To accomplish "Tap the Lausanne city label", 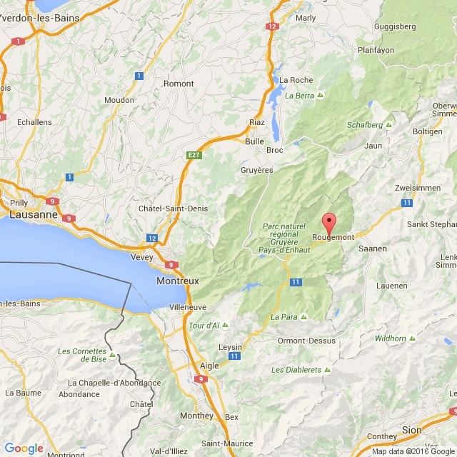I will [x=33, y=214].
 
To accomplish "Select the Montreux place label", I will [x=177, y=281].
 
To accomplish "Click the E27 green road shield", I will [x=193, y=154].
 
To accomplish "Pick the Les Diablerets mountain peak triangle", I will [x=328, y=370].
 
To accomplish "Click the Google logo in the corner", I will [x=23, y=448].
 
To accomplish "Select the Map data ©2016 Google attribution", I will [x=413, y=451].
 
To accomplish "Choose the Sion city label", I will [x=412, y=430].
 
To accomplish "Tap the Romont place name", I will [x=179, y=84].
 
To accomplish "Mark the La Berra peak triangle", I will [x=321, y=95].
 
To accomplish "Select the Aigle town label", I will [x=209, y=365].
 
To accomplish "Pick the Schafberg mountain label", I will [x=365, y=124].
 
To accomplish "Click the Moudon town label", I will [x=119, y=100].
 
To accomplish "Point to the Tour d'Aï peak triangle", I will [x=225, y=326].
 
